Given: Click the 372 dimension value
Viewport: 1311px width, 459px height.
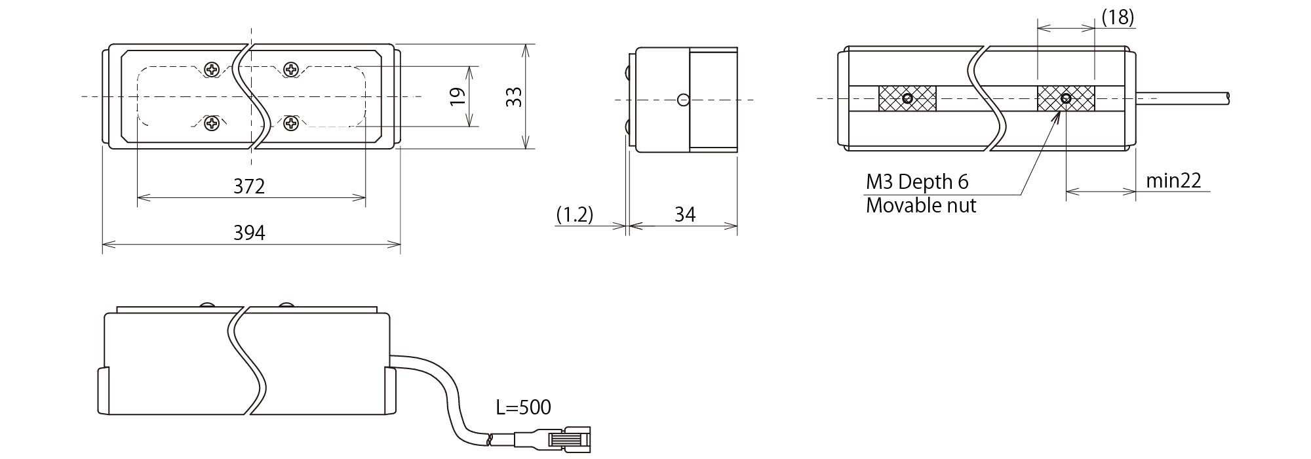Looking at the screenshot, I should coord(249,186).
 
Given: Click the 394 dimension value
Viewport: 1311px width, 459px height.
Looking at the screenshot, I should coord(249,232).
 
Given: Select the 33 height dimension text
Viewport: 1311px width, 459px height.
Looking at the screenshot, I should coord(515,97).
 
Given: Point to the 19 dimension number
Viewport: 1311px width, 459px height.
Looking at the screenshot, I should coord(459,97).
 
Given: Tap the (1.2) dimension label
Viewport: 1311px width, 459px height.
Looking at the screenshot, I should coord(574,214).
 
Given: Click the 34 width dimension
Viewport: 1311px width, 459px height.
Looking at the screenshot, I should coord(684,214).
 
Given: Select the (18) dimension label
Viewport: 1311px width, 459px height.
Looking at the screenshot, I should coord(1117,17).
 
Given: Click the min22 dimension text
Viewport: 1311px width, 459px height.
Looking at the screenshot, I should coord(1173,180).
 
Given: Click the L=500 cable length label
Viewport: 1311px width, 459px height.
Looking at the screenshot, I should coord(523,407).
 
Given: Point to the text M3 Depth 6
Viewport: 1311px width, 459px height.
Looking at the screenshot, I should coord(916,182).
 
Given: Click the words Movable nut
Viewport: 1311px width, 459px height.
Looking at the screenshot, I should coord(920,206).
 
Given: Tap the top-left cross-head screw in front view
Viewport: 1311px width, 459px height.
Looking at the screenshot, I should coord(212,69).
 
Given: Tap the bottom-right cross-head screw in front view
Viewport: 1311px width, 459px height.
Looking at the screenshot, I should coord(291,123).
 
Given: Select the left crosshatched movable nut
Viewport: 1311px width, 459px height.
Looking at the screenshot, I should coord(907,99).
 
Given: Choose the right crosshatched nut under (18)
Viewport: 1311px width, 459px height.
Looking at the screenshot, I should coord(1066,99).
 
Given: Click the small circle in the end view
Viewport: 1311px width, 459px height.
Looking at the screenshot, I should coord(683,100).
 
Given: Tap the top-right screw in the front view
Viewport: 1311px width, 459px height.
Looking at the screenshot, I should coord(291,68).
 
